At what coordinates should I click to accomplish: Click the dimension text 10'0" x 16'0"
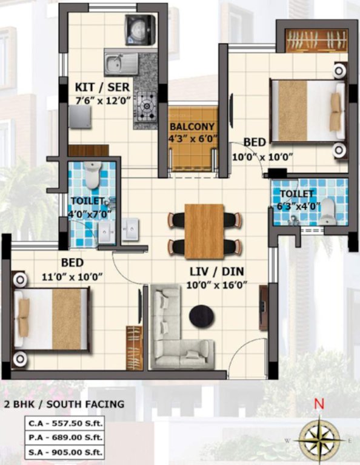click(x=218, y=285)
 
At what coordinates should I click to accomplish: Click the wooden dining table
click(x=204, y=231)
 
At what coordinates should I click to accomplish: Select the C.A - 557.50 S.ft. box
click(x=64, y=424)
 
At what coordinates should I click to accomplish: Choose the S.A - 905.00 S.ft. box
click(x=64, y=452)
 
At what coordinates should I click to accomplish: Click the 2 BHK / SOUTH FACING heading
click(x=64, y=404)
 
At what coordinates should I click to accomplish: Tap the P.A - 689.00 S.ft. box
click(x=64, y=438)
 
